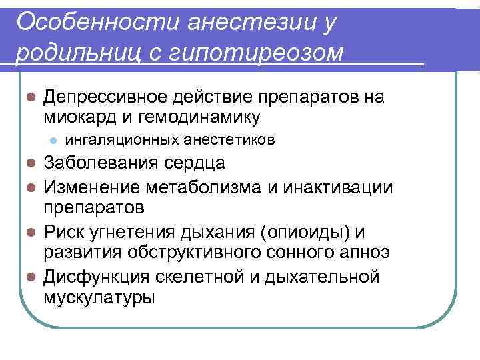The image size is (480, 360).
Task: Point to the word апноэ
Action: (363, 254)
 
